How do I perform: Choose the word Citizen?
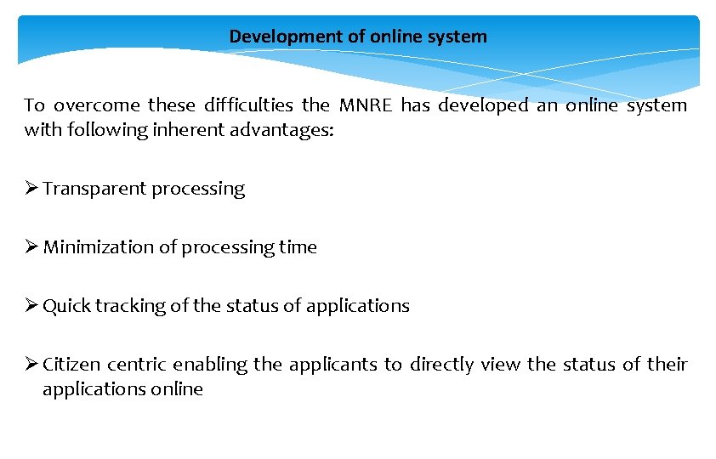[x=71, y=365]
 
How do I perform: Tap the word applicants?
[x=332, y=365]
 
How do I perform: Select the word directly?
[x=441, y=365]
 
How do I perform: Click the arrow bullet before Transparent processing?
[x=31, y=189]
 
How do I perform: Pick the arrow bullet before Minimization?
[x=31, y=247]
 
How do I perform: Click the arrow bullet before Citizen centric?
[x=31, y=365]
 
